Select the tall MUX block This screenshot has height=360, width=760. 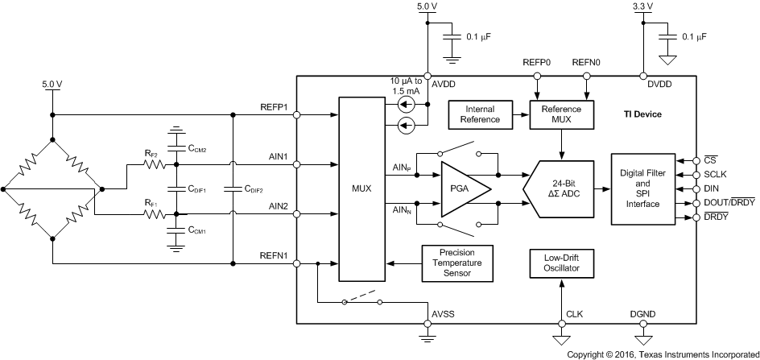point(362,189)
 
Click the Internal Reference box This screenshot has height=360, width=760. point(474,114)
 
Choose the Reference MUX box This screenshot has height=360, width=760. point(561,114)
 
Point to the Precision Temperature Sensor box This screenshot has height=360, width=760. point(456,263)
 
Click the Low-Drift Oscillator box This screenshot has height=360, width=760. point(561,263)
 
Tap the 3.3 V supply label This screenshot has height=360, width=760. point(643,7)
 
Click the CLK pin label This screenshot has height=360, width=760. point(574,315)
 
